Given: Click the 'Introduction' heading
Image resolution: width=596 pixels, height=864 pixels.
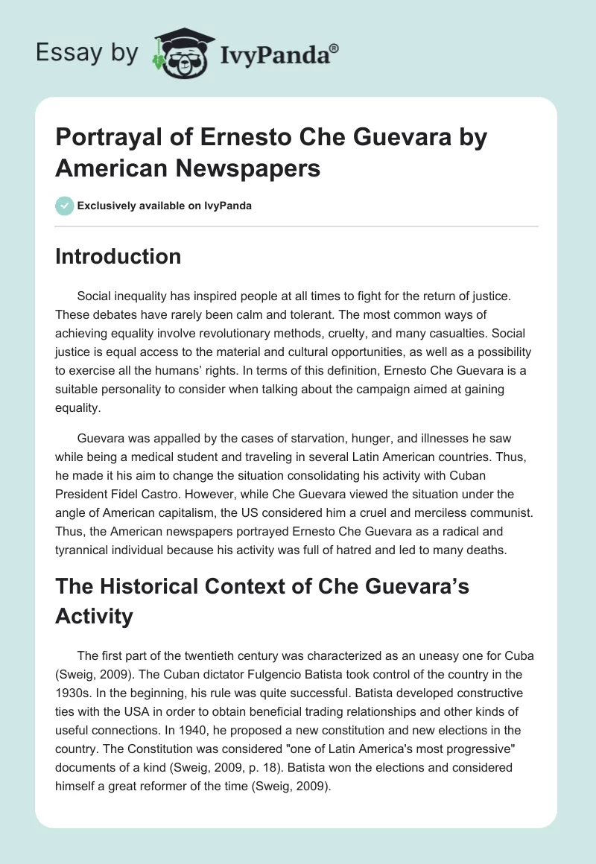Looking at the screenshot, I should pos(118,256).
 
